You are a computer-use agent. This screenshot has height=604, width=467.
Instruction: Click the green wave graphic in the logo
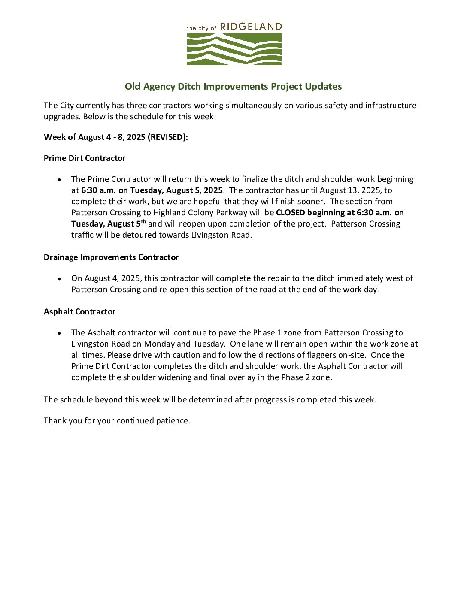(234, 49)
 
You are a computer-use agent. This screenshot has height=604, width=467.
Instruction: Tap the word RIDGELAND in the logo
(251, 27)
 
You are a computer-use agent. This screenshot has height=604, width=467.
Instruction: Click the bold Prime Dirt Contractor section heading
(85, 158)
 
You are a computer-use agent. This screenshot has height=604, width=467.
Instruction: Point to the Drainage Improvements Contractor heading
(111, 257)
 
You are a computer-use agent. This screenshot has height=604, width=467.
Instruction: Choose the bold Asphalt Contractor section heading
(79, 312)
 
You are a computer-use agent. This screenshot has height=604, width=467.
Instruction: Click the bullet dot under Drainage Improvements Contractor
(60, 279)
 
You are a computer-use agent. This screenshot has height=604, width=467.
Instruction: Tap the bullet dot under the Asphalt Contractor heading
(60, 333)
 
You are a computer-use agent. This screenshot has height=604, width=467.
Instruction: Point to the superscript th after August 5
(143, 221)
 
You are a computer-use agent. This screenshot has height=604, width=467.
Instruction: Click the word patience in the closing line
(173, 421)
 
